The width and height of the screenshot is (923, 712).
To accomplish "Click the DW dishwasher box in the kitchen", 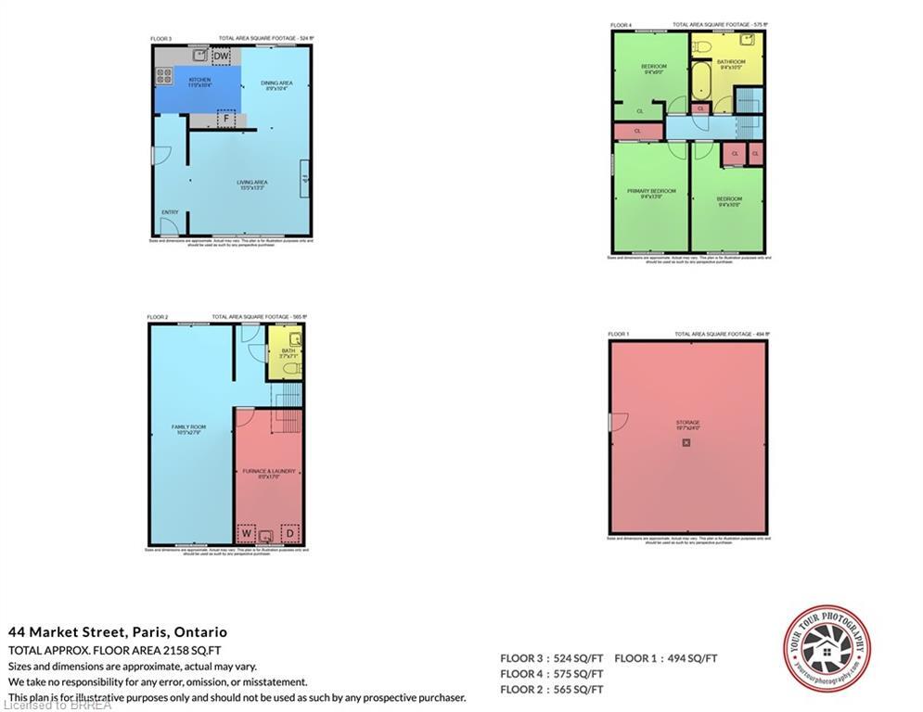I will pyautogui.click(x=221, y=57).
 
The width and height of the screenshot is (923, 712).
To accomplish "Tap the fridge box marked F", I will pyautogui.click(x=223, y=119).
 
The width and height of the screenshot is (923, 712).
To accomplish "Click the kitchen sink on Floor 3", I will pyautogui.click(x=199, y=55).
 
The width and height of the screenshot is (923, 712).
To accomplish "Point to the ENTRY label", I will pyautogui.click(x=170, y=212).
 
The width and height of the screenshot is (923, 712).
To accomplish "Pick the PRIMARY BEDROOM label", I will pyautogui.click(x=651, y=193).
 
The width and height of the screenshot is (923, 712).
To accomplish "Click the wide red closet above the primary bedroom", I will pyautogui.click(x=637, y=132).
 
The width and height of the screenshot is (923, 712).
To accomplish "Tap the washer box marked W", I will pyautogui.click(x=246, y=534).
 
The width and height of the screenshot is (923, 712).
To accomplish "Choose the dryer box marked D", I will pyautogui.click(x=289, y=534).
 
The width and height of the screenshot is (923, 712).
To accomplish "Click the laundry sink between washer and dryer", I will pyautogui.click(x=267, y=535).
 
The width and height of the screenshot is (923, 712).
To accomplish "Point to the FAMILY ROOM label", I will pyautogui.click(x=188, y=429).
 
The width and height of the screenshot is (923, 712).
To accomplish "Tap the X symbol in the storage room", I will pyautogui.click(x=686, y=443).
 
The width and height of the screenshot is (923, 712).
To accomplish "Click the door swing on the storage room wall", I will pyautogui.click(x=617, y=422).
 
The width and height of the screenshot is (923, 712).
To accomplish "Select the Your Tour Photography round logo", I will pyautogui.click(x=827, y=649).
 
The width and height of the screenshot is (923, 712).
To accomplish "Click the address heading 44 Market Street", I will pyautogui.click(x=118, y=632).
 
